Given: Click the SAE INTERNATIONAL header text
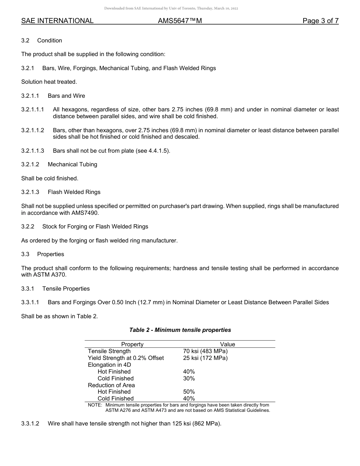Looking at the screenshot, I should coord(57,21).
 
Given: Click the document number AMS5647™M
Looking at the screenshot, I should coord(180,21).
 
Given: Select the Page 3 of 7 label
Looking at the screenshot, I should coord(320,21).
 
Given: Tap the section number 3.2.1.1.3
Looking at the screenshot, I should coord(33,151).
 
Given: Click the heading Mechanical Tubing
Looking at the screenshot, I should coord(72,164).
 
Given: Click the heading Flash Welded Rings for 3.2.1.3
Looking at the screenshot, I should coord(74,192).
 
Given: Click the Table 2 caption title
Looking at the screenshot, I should coord(180,330).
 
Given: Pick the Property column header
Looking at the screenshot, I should coord(132,344).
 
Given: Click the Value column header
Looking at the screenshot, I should coord(227,344).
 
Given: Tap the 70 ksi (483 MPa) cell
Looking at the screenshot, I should coord(205,351).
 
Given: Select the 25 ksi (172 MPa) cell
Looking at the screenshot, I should coord(205,358).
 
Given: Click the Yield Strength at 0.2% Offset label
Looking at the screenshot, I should coord(126,358).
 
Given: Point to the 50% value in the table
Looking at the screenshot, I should coord(189,392).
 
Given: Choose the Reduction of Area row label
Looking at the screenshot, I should coord(111,385).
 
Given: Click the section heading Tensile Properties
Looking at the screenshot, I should coord(66,289).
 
